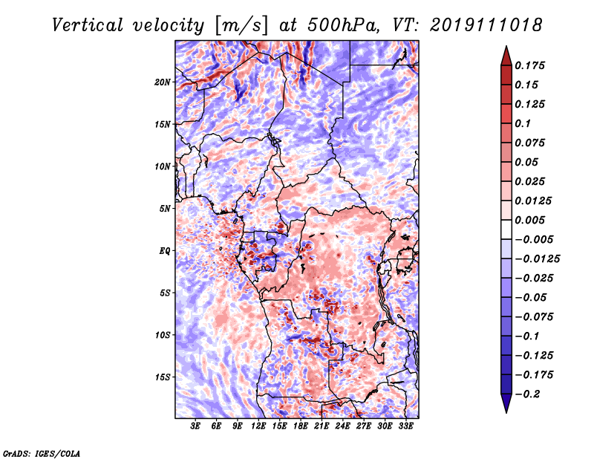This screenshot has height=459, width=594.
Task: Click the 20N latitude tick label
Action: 163,82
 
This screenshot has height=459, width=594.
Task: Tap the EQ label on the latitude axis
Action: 166,250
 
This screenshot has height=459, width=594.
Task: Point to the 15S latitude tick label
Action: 163,377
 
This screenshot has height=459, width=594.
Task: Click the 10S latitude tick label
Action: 163,335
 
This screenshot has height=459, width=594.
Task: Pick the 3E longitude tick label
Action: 196,426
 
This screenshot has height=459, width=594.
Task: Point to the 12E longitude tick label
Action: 259,426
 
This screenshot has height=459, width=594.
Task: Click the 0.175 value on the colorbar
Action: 532,65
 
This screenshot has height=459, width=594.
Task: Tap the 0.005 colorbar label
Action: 532,220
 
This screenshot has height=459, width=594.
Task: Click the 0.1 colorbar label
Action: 523,123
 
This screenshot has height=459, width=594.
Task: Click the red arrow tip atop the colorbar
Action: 505,52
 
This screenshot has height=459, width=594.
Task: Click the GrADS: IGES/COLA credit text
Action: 42,452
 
